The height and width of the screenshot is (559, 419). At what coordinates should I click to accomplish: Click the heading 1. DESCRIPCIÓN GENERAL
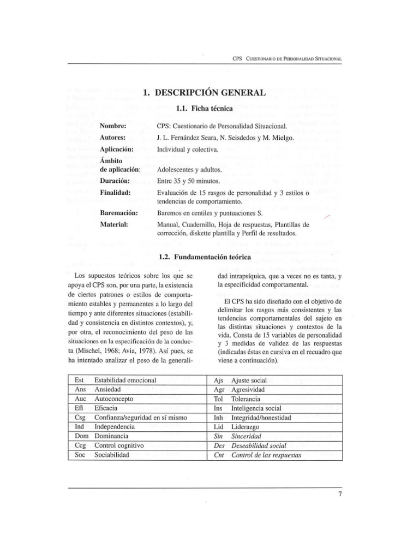point(205,93)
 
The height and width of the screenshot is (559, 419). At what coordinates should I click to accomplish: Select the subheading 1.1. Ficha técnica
point(205,109)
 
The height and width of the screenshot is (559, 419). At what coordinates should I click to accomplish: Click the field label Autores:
point(113,138)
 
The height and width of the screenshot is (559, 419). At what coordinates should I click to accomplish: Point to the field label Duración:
point(115,181)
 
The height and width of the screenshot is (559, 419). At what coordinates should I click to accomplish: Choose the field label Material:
point(114,224)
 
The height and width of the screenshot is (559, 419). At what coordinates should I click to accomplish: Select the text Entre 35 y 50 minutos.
point(188,181)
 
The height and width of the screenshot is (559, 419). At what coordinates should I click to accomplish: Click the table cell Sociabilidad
point(112,455)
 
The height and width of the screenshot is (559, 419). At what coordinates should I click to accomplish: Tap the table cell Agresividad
point(248,390)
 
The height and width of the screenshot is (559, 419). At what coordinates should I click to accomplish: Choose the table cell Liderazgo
point(246,427)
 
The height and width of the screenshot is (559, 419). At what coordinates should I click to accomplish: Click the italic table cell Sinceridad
point(247,436)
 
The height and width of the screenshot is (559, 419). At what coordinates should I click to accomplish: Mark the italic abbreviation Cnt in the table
point(219,455)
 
